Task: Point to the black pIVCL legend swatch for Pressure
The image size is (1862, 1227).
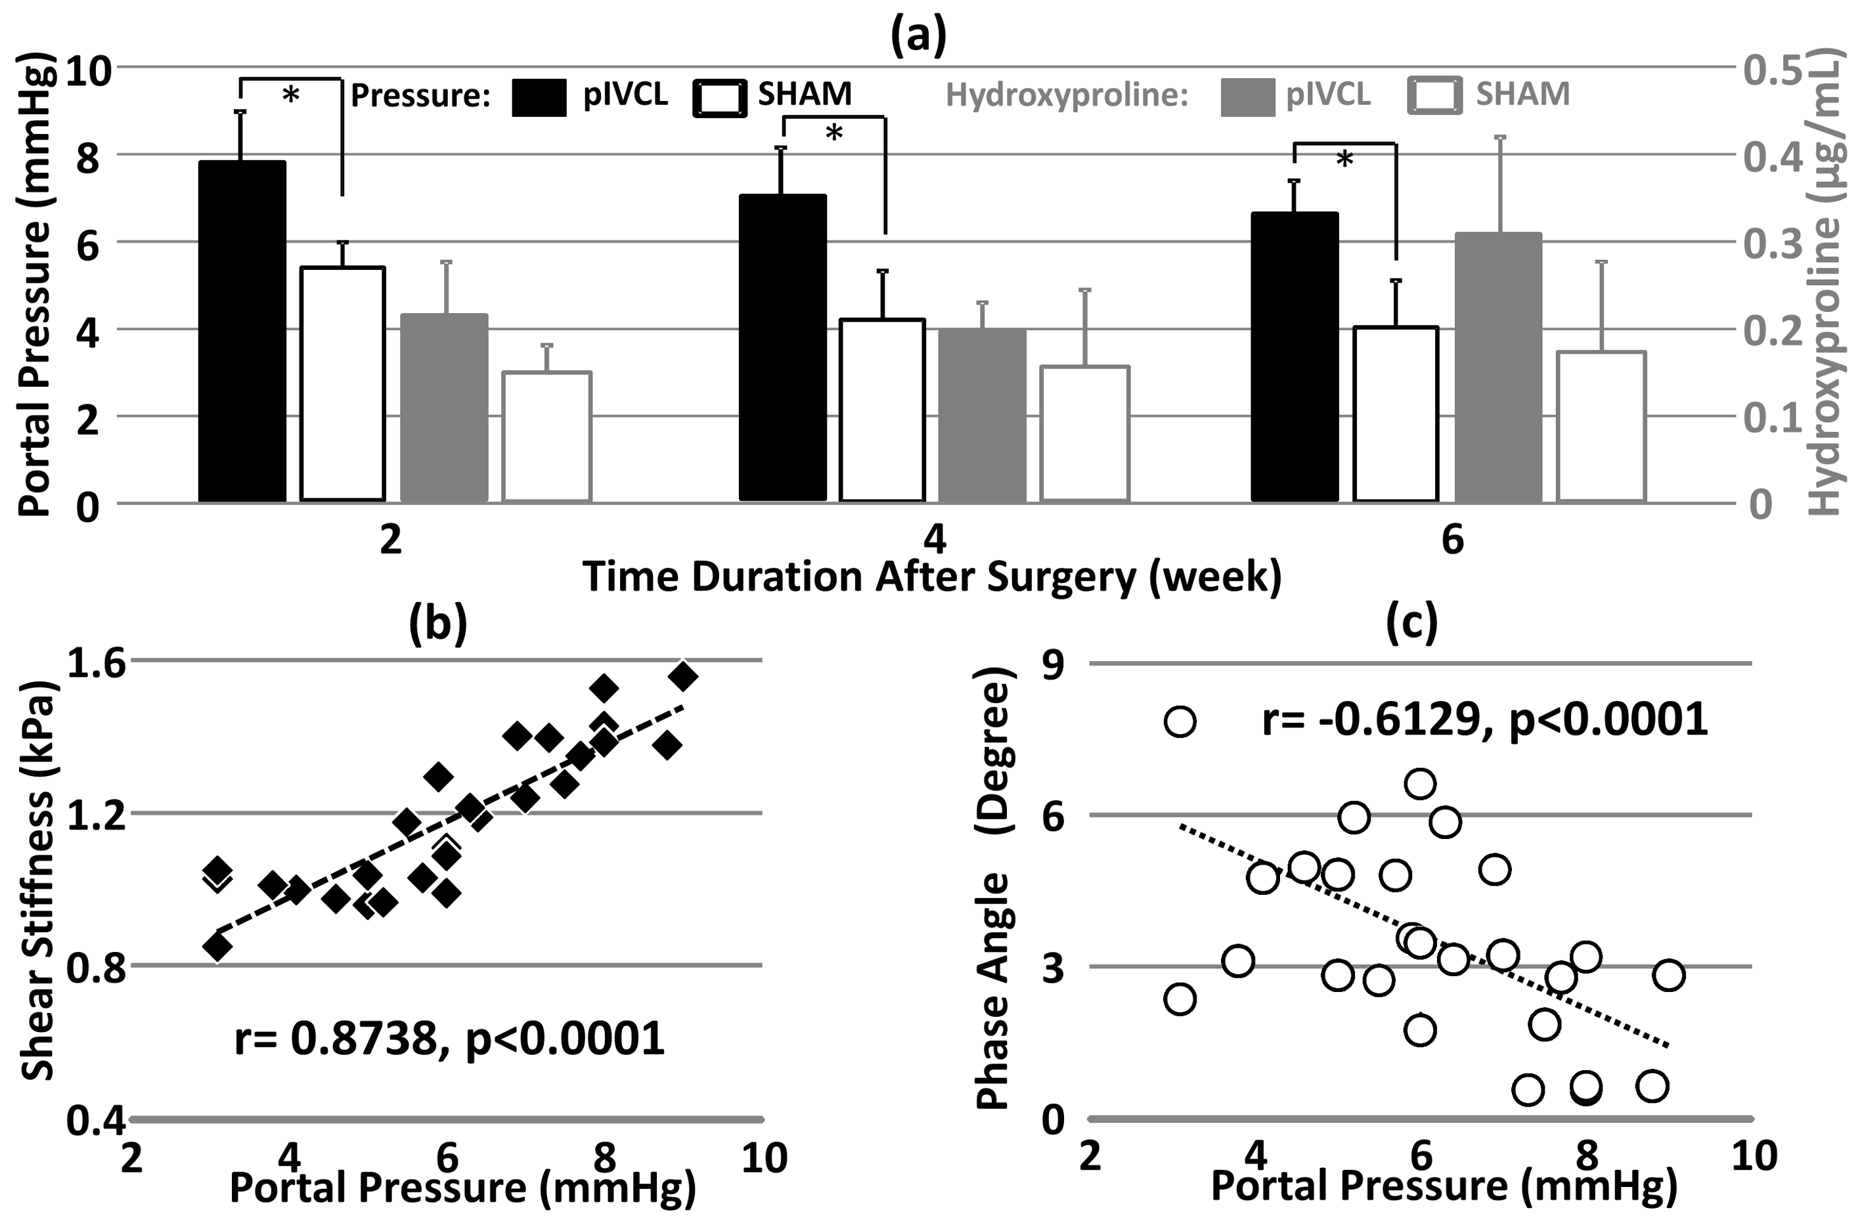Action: (x=539, y=98)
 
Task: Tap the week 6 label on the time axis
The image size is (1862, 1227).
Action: (x=1452, y=540)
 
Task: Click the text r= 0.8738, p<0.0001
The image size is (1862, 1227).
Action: (x=449, y=1039)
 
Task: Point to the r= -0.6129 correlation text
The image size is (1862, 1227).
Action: (x=1484, y=718)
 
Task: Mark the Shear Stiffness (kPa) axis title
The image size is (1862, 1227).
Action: (x=37, y=881)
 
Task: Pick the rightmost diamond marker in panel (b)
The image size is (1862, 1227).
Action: (x=683, y=676)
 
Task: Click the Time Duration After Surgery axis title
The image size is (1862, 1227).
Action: (x=931, y=576)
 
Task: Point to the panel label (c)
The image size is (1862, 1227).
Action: (x=1411, y=624)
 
